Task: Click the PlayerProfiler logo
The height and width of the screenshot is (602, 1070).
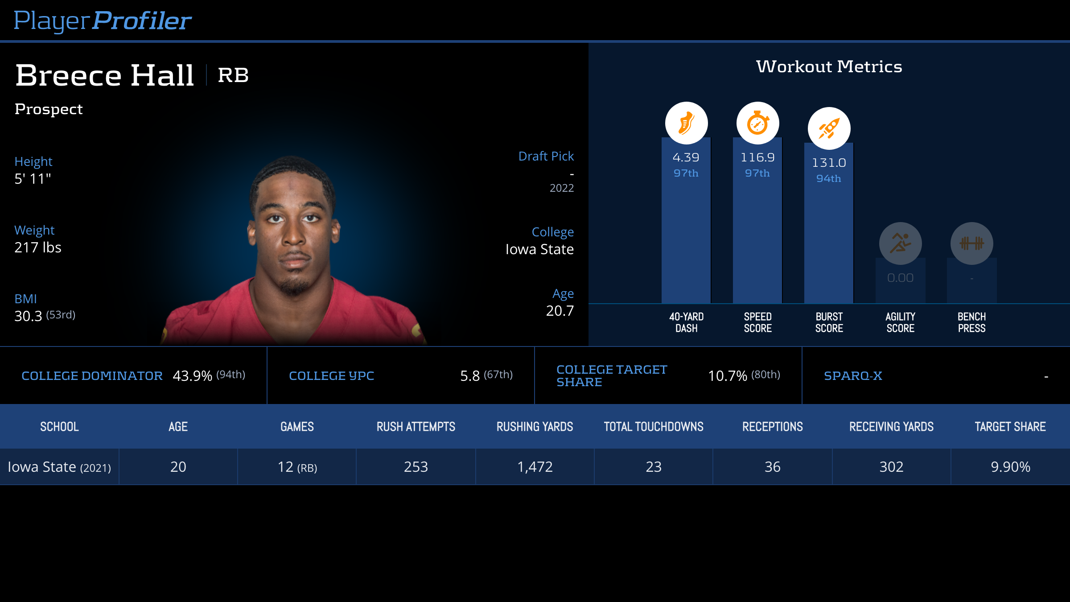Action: (x=103, y=21)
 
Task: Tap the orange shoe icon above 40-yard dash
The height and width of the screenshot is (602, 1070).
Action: (x=686, y=123)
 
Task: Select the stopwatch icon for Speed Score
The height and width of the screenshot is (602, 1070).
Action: (x=757, y=123)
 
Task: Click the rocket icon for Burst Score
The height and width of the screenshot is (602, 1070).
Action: (x=829, y=128)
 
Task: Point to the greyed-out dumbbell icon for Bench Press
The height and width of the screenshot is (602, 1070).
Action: (x=971, y=243)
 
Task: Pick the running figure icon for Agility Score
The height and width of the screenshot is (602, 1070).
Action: (x=900, y=243)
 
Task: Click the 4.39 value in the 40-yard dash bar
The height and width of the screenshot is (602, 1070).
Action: (x=686, y=157)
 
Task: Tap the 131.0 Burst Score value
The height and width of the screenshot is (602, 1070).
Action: (x=829, y=163)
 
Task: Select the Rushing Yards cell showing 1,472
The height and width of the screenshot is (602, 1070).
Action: (x=535, y=467)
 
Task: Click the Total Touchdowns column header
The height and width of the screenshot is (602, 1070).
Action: (x=654, y=427)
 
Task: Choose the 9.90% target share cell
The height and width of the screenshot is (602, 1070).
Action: (x=1010, y=467)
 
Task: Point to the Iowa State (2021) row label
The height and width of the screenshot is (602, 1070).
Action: (x=59, y=467)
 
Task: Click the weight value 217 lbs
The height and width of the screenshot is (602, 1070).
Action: (x=38, y=247)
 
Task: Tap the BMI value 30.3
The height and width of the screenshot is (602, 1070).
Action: (x=28, y=316)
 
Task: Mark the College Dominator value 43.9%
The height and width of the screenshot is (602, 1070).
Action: (x=192, y=376)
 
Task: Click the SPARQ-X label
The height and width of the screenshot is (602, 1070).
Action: (x=853, y=376)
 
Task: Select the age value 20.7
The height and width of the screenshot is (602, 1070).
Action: (x=560, y=311)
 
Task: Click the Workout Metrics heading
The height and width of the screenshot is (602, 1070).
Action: (x=829, y=66)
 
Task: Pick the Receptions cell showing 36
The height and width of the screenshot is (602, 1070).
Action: (x=772, y=467)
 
